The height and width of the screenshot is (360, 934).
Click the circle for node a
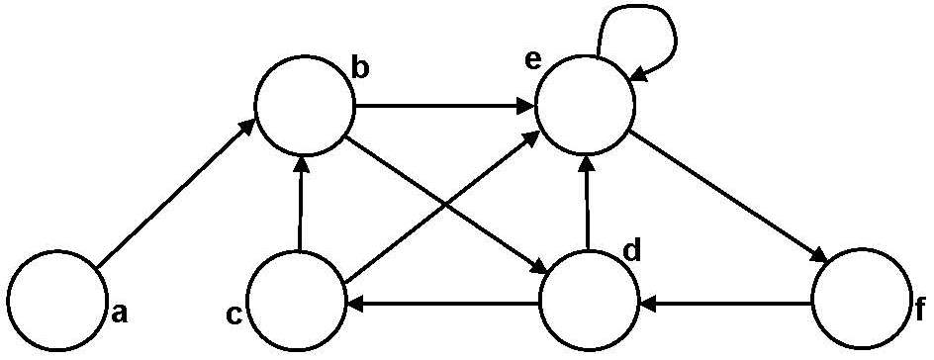55,299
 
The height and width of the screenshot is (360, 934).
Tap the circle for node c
296,299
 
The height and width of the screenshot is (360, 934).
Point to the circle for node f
860,299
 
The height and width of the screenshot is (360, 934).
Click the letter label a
119,314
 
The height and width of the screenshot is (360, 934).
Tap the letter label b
361,69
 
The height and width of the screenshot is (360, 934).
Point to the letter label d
631,251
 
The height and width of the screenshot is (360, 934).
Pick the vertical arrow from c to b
299,203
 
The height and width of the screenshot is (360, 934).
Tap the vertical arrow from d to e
587,203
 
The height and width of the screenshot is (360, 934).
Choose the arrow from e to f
727,194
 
